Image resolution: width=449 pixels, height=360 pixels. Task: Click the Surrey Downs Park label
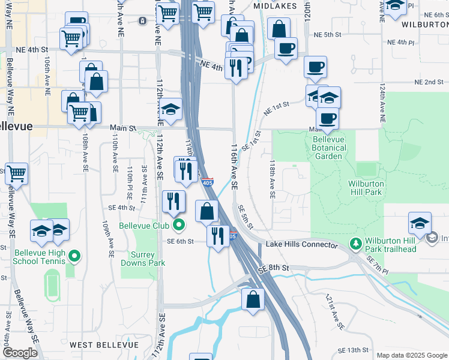(x=143, y=259)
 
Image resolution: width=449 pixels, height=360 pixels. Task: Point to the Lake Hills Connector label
(x=302, y=245)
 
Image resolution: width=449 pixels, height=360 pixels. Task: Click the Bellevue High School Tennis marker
(x=74, y=257)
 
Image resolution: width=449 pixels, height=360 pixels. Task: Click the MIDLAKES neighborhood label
(x=275, y=5)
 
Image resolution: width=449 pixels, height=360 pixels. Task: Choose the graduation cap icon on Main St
(x=171, y=110)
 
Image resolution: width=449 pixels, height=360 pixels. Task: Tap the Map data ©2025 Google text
(x=412, y=355)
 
